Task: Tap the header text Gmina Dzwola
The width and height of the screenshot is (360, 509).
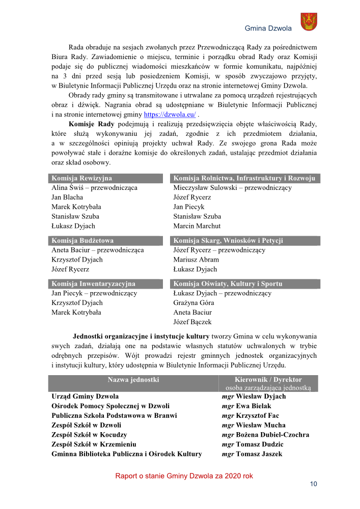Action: click(x=268, y=29)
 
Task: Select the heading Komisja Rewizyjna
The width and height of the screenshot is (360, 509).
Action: click(x=81, y=178)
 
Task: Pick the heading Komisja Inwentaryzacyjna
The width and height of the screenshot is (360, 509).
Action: click(x=93, y=284)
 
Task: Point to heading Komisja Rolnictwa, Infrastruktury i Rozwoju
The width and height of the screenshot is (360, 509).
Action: click(x=244, y=178)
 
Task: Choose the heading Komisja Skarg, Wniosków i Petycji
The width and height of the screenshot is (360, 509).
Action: click(x=228, y=241)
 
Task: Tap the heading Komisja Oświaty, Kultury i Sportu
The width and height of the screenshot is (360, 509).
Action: click(x=228, y=284)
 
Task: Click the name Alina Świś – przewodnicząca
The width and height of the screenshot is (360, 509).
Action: click(x=94, y=188)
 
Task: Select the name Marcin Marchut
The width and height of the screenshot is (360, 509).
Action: click(x=197, y=226)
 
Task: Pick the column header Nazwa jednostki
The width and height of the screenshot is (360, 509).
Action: click(x=133, y=380)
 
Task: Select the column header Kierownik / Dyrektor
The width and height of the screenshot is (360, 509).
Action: click(x=268, y=380)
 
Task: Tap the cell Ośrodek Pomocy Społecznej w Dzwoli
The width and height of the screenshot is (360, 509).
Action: click(x=110, y=406)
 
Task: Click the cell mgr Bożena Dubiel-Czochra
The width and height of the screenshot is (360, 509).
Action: click(x=265, y=435)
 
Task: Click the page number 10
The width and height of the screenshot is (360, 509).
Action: click(x=313, y=484)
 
